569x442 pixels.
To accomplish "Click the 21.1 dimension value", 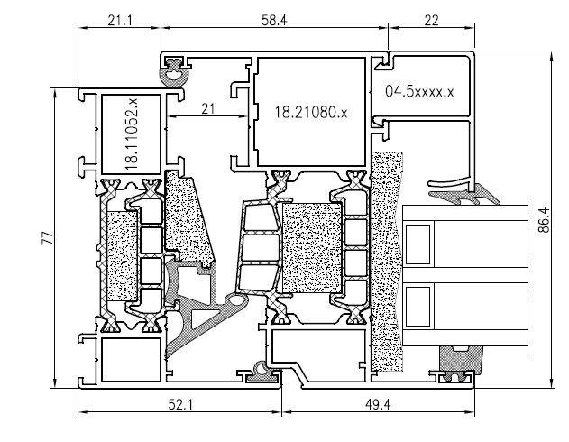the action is [x=120, y=21].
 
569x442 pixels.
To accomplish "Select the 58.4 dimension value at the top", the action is [x=274, y=21].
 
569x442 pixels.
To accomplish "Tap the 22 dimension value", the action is [x=431, y=21].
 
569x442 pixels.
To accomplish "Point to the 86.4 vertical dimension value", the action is [x=544, y=220].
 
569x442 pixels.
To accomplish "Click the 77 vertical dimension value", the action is [x=48, y=238].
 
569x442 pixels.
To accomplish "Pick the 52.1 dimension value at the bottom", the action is [x=180, y=404].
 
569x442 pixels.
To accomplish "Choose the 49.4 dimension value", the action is [x=378, y=404].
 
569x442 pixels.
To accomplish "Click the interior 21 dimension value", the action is [x=208, y=108].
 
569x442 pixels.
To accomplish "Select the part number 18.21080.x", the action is [x=310, y=113].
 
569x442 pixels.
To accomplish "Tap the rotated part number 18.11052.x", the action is [x=132, y=134].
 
